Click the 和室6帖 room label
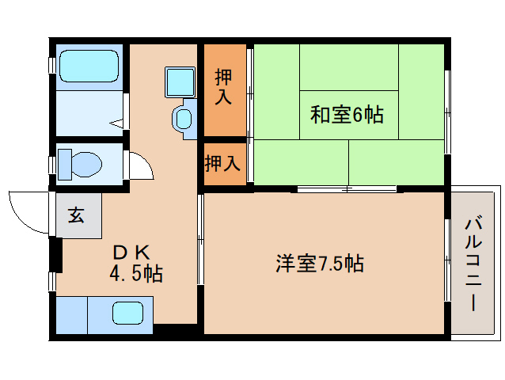pyautogui.click(x=347, y=115)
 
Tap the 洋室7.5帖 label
pyautogui.click(x=320, y=264)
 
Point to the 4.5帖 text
pyautogui.click(x=136, y=275)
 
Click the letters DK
pyautogui.click(x=131, y=253)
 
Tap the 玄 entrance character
pyautogui.click(x=75, y=215)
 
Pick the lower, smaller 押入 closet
pyautogui.click(x=222, y=164)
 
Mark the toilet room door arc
pyautogui.click(x=139, y=165)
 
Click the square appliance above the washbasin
pyautogui.click(x=180, y=81)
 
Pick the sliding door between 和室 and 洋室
pyautogui.click(x=347, y=188)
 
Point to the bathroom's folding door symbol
pyautogui.click(x=119, y=123)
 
